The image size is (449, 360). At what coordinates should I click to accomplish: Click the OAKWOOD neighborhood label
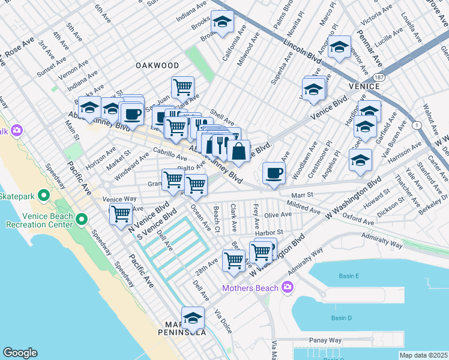pyautogui.click(x=157, y=65)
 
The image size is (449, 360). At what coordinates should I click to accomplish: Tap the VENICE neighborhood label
pyautogui.click(x=364, y=86)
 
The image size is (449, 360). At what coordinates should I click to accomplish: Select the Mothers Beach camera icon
pyautogui.click(x=288, y=288)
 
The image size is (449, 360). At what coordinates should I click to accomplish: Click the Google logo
pyautogui.click(x=20, y=353)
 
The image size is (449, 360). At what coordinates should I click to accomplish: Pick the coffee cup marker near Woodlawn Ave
pyautogui.click(x=274, y=173)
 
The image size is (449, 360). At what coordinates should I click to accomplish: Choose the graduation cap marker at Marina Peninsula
pyautogui.click(x=193, y=317)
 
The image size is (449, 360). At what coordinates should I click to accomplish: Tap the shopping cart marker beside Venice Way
pyautogui.click(x=121, y=214)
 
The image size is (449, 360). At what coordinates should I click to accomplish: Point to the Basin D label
pyautogui.click(x=341, y=317)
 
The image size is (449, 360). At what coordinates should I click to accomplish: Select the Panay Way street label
pyautogui.click(x=325, y=340)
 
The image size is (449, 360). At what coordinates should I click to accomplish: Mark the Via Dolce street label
pyautogui.click(x=222, y=321)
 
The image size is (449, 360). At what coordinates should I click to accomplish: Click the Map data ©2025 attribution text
pyautogui.click(x=423, y=355)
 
